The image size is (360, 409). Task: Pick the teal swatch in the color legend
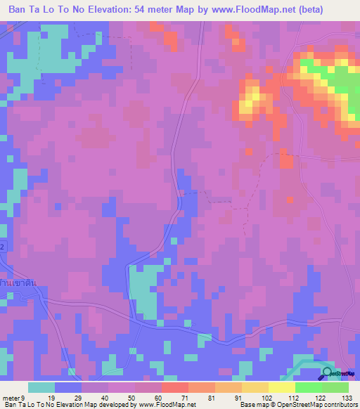(41, 387)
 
